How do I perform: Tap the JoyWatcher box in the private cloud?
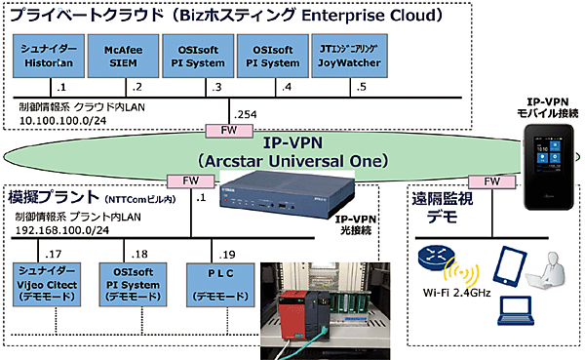point(345,55)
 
